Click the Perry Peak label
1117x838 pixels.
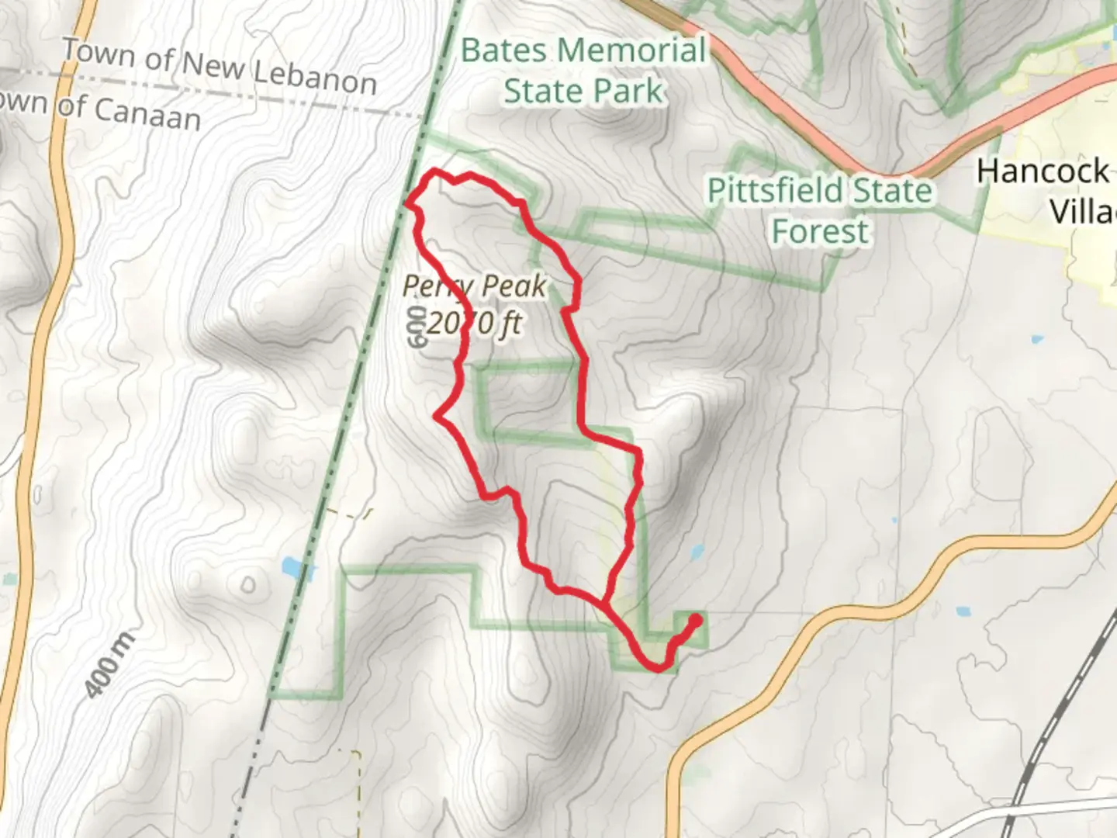pos(474,286)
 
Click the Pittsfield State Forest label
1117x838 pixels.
pos(820,210)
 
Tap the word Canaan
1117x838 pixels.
pos(147,113)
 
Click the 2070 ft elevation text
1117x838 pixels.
pos(473,322)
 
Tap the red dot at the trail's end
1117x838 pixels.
pos(695,620)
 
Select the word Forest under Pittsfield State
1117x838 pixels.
pos(820,231)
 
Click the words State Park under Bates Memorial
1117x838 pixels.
pos(583,91)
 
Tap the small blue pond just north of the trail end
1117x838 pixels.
pos(696,552)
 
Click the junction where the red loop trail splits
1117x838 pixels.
pos(603,602)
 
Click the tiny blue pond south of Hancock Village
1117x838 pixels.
pos(1036,339)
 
